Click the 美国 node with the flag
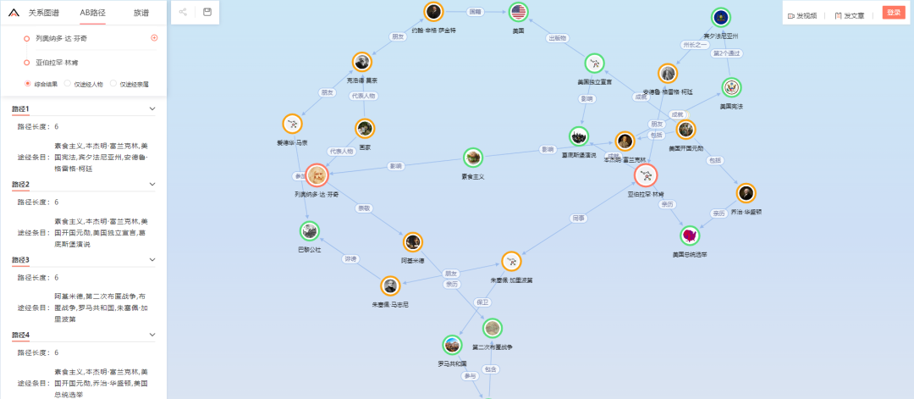(519, 12)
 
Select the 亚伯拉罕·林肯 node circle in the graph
(647, 175)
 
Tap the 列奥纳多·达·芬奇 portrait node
(317, 176)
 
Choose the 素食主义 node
(473, 158)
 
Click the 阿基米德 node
(412, 243)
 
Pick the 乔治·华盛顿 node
(746, 193)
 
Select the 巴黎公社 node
(310, 230)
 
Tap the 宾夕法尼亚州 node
(720, 18)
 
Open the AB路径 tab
(94, 13)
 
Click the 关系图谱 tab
(44, 13)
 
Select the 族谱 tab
(142, 13)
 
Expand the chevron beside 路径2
(152, 184)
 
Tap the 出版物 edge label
(558, 38)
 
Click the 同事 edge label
(578, 219)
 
